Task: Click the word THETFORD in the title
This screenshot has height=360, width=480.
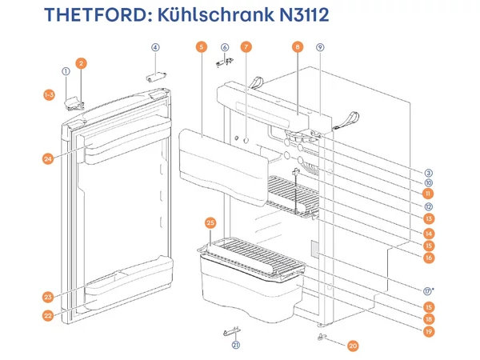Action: tap(90, 16)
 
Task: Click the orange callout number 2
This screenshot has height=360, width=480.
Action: tap(82, 62)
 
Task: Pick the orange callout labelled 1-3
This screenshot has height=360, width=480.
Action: tap(49, 95)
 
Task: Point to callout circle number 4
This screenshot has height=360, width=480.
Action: tap(156, 47)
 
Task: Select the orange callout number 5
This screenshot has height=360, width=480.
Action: tap(199, 47)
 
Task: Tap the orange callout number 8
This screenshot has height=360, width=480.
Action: tap(298, 47)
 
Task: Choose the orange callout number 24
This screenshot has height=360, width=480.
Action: tap(49, 158)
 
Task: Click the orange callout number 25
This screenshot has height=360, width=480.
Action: tap(210, 222)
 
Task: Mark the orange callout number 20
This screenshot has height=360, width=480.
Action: tap(353, 346)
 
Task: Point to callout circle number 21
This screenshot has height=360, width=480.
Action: tap(235, 346)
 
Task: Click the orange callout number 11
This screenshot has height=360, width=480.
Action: tap(429, 194)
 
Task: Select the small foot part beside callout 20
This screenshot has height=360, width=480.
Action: tap(325, 338)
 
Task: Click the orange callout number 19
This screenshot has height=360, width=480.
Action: tap(429, 330)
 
